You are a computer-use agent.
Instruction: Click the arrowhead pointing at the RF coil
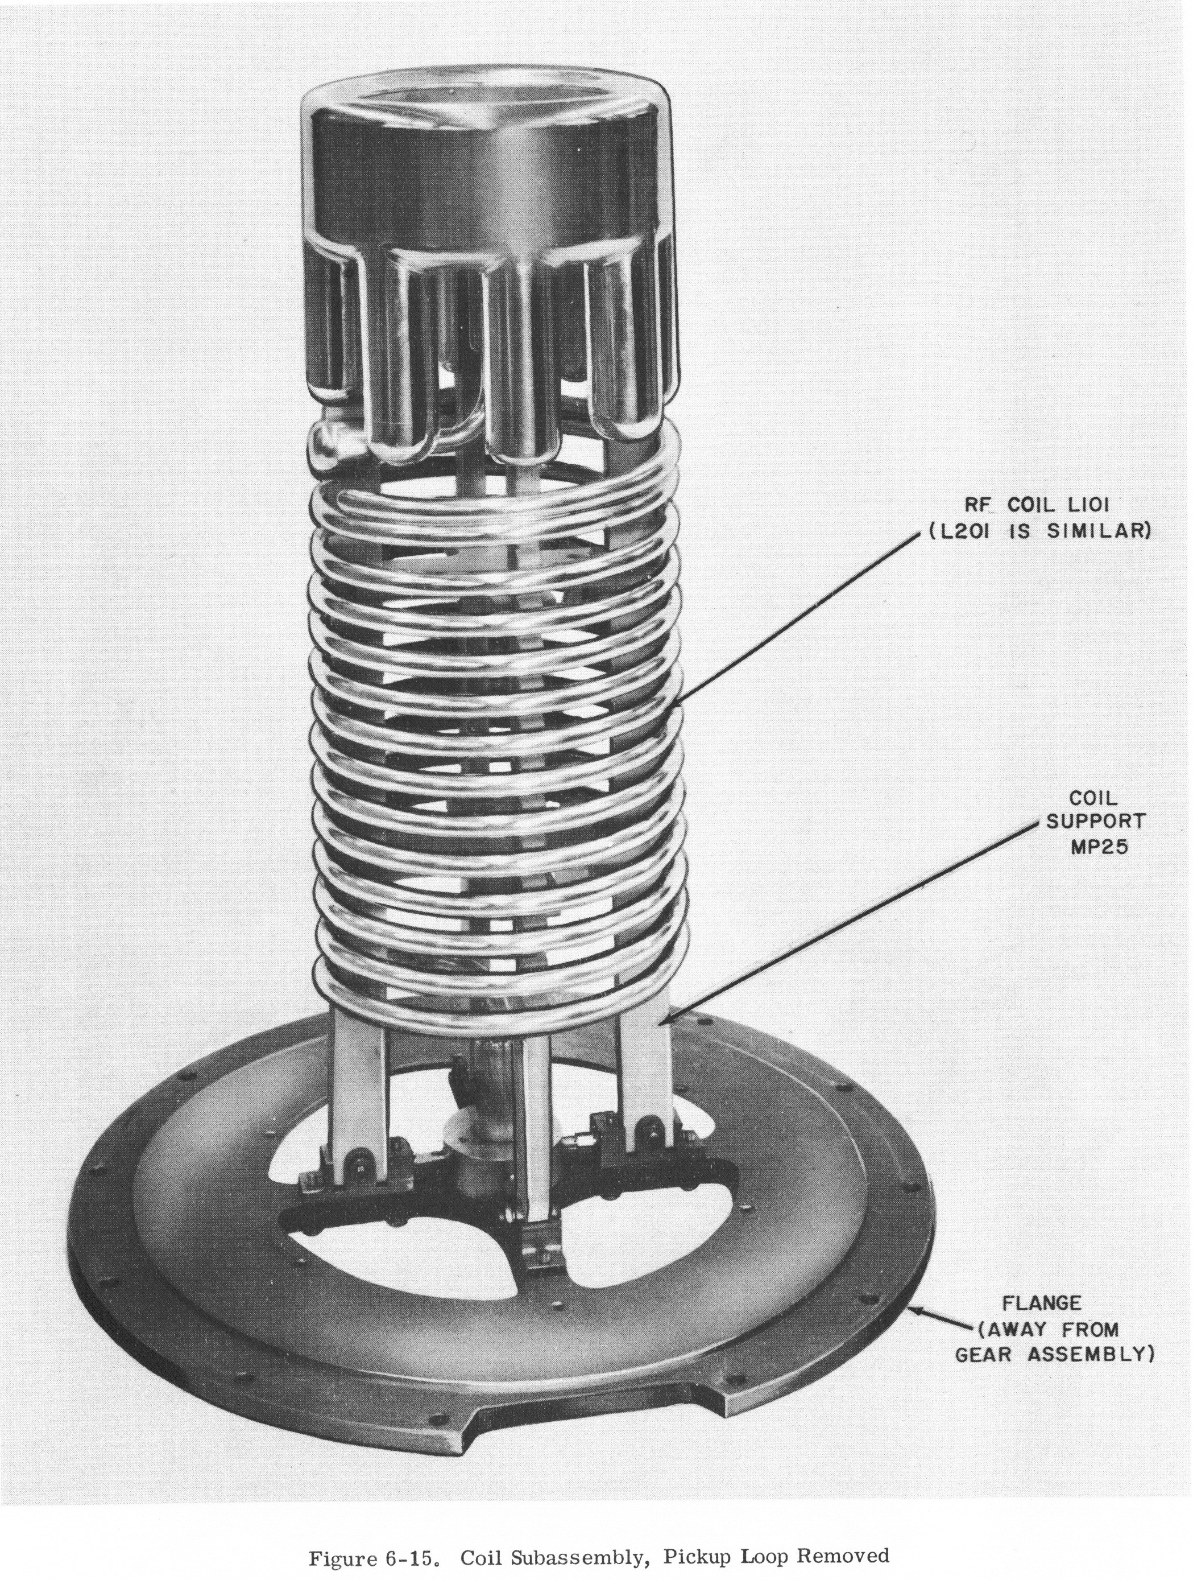pyautogui.click(x=676, y=707)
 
